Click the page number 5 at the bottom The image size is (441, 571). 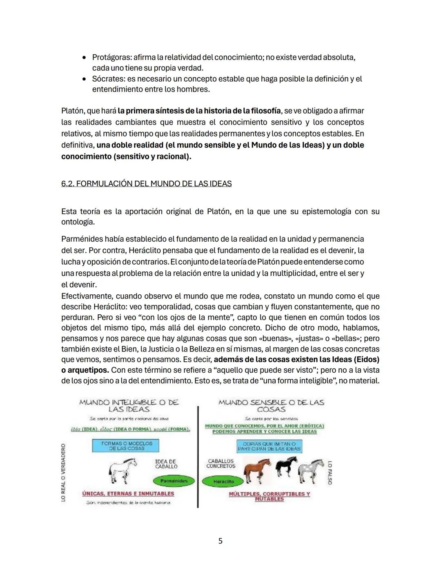(220, 541)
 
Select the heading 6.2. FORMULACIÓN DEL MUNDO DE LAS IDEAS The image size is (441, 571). (146, 184)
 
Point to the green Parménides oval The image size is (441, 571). (174, 481)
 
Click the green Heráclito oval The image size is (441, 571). (223, 481)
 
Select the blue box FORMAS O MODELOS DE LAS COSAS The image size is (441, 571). (126, 446)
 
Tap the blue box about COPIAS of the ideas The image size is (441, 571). (269, 446)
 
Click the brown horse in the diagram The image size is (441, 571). (257, 470)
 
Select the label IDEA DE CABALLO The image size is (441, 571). (166, 464)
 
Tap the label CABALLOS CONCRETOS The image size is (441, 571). (221, 464)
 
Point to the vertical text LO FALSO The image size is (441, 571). (330, 472)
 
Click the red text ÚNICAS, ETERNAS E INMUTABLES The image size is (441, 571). (128, 493)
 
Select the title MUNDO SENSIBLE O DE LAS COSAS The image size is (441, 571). (271, 405)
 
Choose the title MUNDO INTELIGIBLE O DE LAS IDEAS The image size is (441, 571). (129, 405)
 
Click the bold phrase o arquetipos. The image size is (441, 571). (85, 370)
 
